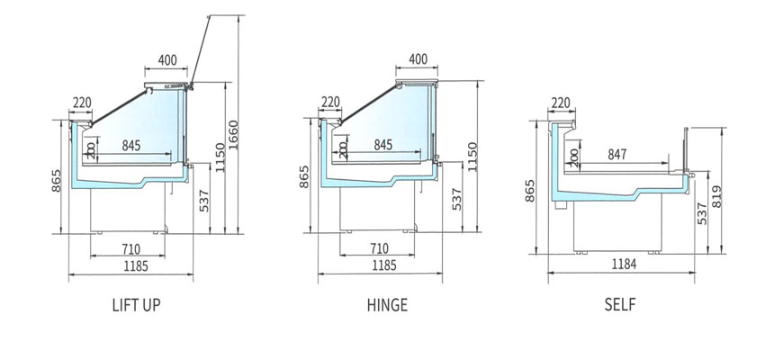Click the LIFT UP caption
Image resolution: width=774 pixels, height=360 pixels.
136,305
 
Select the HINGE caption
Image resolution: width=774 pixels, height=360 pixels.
388,305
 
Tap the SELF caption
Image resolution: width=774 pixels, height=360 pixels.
620,305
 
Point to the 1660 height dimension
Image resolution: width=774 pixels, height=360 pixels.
233,135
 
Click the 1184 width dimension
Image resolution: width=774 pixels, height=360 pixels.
624,265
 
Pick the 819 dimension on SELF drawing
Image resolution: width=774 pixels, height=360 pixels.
716,196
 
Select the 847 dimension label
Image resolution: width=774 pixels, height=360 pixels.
617,155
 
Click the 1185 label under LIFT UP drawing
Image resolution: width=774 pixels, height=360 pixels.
136,266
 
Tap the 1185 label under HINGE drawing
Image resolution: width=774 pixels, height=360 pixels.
384,265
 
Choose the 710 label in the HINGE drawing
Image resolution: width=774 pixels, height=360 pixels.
379,247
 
